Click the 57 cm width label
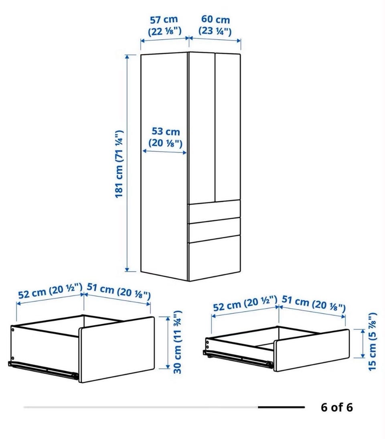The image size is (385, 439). coord(164,25)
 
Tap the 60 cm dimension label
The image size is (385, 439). coord(215,25)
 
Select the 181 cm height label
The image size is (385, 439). coord(119,164)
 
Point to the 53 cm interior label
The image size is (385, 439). coord(166,137)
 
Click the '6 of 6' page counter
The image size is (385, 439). coord(337,407)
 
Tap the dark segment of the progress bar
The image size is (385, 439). coord(281,407)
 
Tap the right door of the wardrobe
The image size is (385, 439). coord(227,127)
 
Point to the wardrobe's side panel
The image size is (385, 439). coord(164,165)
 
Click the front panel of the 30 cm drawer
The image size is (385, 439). coord(117,350)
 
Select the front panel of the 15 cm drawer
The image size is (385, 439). coord(312,350)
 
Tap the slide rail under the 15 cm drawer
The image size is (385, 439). coord(238,358)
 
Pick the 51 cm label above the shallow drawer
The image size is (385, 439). coord(313,303)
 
